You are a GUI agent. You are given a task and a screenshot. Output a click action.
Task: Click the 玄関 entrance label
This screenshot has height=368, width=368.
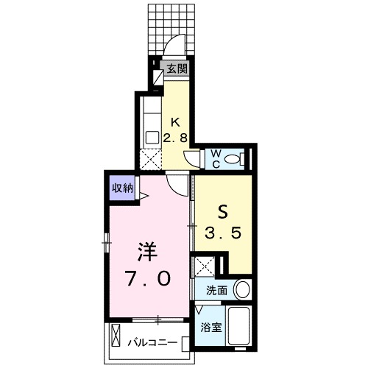[x=177, y=70]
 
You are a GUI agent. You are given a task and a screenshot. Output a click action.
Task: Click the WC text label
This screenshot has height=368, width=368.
[x=216, y=158]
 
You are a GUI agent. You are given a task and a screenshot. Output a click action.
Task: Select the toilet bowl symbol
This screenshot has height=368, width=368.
[x=235, y=158]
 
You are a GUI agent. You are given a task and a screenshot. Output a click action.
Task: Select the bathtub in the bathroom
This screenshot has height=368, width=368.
[x=241, y=326]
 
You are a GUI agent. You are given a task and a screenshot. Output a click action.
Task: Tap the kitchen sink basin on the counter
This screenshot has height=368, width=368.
[x=151, y=136]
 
